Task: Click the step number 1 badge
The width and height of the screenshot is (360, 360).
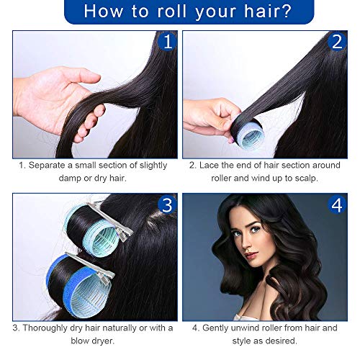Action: click(x=166, y=42)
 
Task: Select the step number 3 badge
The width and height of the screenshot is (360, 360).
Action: click(x=166, y=205)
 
